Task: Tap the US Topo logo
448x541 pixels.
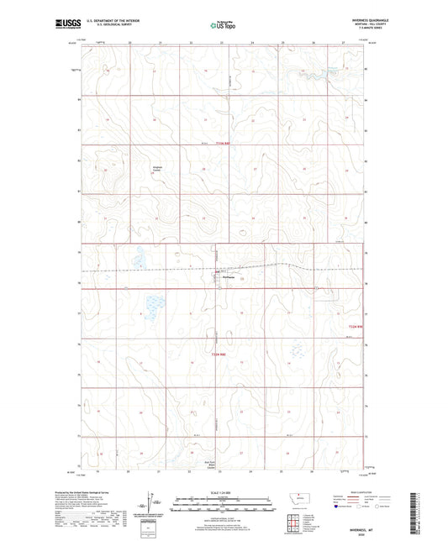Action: pos(224,25)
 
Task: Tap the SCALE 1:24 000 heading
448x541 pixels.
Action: pos(224,492)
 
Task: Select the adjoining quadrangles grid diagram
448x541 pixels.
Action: pos(295,526)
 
